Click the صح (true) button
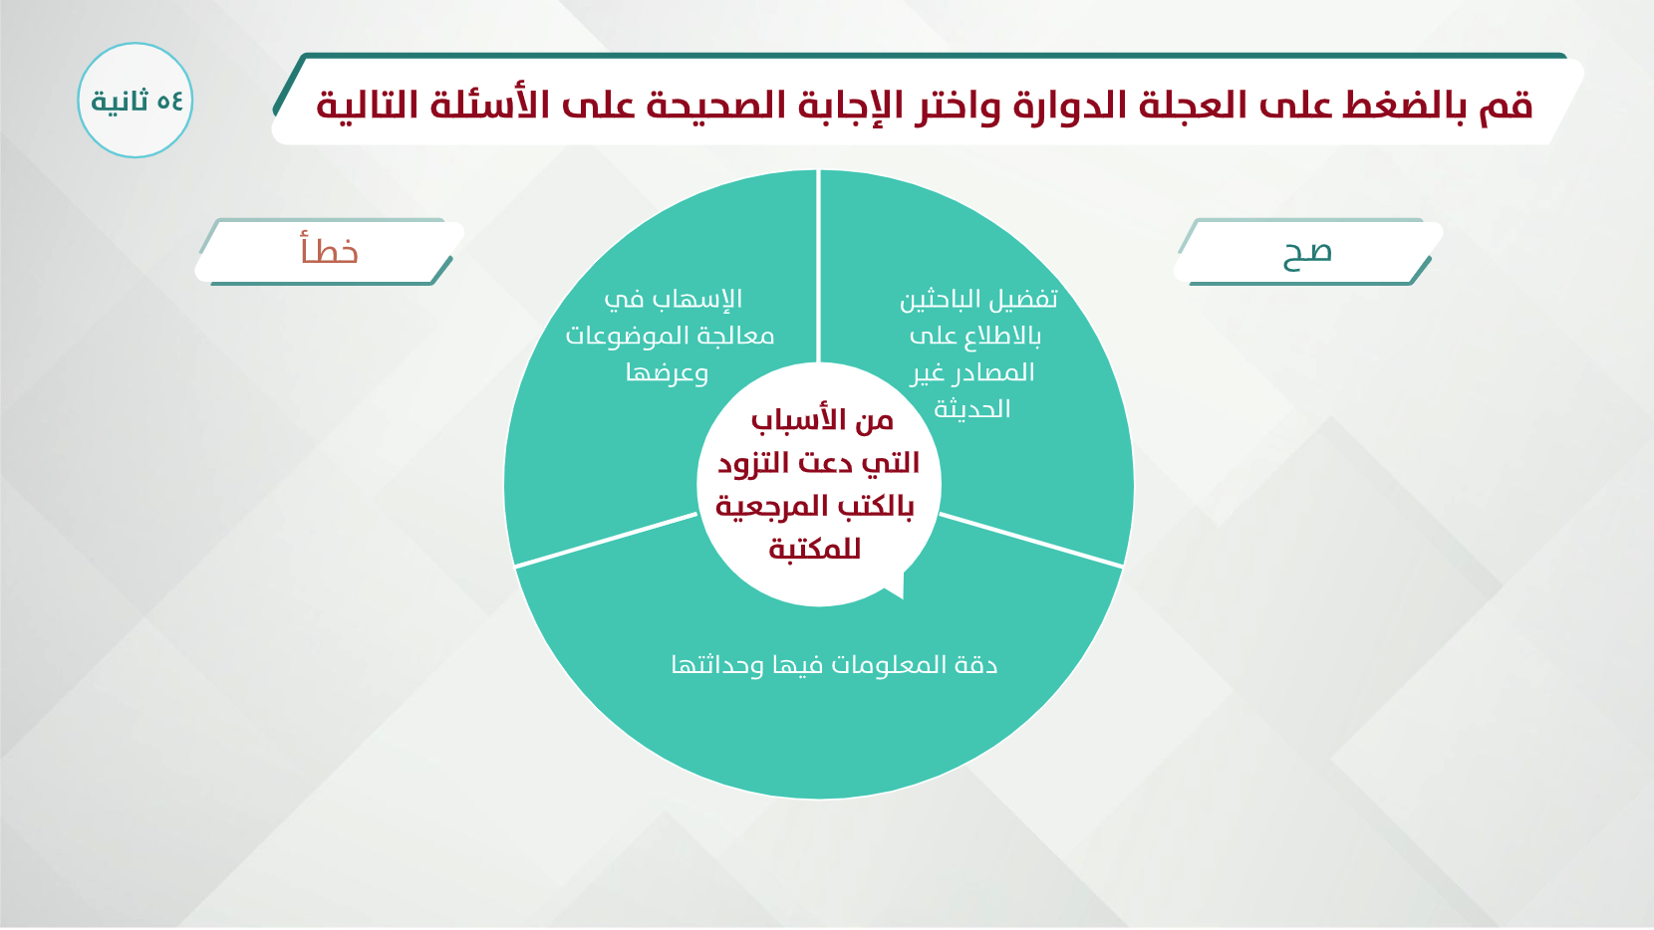pos(1307,252)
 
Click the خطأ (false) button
pos(330,252)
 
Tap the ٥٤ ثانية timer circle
pos(136,101)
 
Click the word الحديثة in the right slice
pos(971,409)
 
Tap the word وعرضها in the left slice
pos(667,372)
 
